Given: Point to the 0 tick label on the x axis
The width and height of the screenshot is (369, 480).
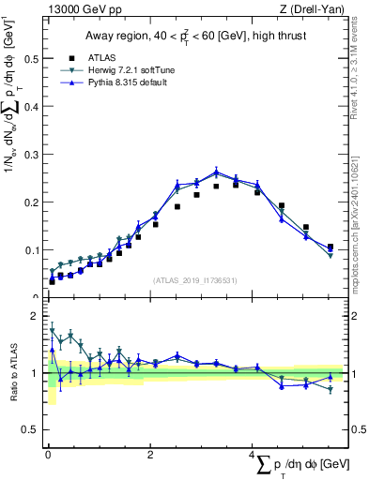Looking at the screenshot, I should [x=48, y=456].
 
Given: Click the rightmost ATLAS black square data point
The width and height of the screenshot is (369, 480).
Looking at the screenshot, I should [x=331, y=247].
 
